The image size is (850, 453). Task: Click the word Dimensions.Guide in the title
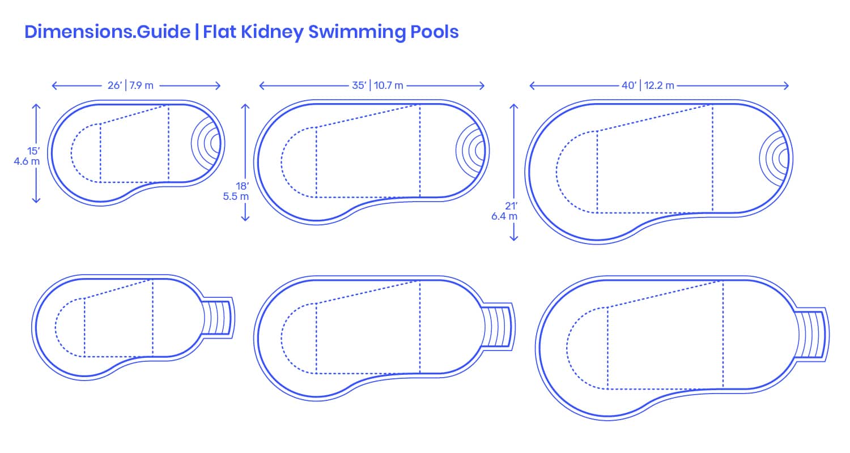tap(108, 32)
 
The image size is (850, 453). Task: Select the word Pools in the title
tap(435, 32)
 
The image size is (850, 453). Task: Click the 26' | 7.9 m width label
tap(130, 86)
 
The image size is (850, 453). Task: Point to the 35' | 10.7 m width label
tap(377, 86)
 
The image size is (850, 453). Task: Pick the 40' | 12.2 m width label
tap(648, 86)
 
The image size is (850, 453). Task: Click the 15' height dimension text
tap(33, 151)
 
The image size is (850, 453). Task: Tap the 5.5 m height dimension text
tap(236, 196)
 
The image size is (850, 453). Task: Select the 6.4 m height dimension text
tap(504, 216)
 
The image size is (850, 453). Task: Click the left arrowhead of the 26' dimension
tap(54, 86)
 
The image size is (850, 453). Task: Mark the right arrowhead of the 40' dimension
tap(787, 86)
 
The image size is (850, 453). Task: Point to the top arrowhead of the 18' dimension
tap(245, 106)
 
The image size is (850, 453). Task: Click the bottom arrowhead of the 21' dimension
tap(514, 238)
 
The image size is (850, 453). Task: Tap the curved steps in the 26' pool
tap(206, 144)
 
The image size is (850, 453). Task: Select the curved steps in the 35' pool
tap(470, 151)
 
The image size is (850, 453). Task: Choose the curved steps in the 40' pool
tap(774, 159)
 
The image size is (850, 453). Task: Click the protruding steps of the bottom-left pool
tap(218, 318)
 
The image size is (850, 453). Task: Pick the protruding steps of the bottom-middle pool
tap(498, 327)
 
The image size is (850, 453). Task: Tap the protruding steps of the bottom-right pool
tap(812, 335)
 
